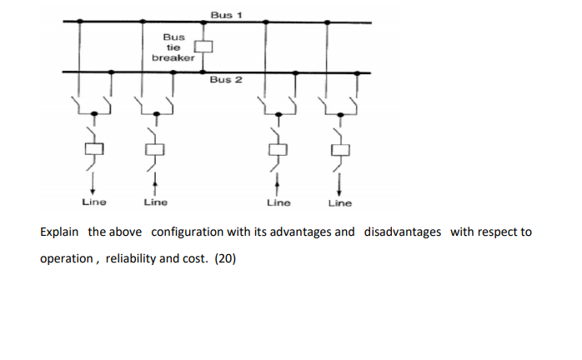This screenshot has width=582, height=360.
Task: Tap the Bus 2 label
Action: [226, 79]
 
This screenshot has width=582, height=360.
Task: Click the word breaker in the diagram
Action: [173, 57]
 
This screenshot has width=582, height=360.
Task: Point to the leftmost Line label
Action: [93, 202]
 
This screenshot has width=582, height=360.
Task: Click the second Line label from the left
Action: [155, 202]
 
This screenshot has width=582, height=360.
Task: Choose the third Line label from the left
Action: [278, 202]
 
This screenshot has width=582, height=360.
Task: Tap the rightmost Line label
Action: [339, 202]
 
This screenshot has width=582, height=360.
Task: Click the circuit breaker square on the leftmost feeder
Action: [93, 149]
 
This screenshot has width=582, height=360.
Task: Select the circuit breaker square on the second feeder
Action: [153, 150]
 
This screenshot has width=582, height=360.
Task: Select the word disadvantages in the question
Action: [403, 232]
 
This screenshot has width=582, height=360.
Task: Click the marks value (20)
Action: [225, 259]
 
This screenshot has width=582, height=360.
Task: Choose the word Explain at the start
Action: [61, 232]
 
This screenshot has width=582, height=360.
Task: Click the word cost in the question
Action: [197, 259]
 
